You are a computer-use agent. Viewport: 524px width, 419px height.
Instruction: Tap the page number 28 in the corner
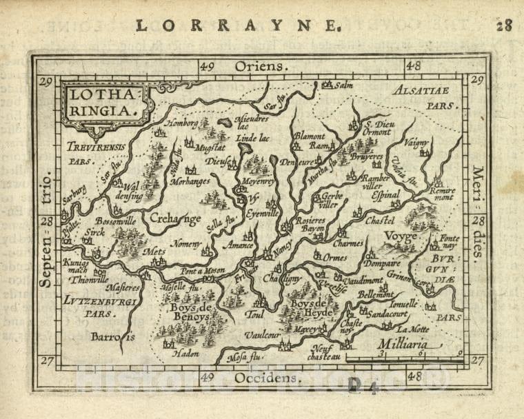pyautogui.click(x=504, y=26)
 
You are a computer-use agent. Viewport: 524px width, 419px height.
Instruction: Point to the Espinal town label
pyautogui.click(x=386, y=195)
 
